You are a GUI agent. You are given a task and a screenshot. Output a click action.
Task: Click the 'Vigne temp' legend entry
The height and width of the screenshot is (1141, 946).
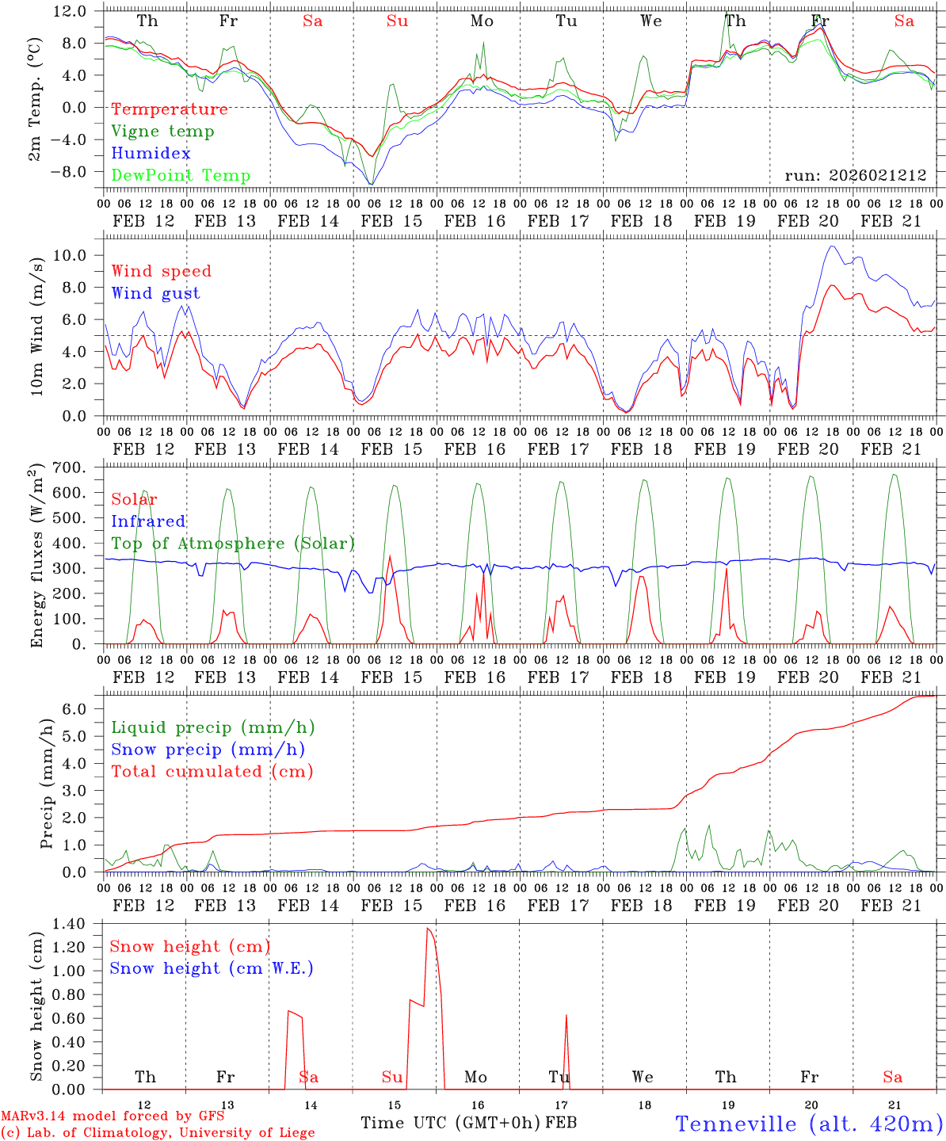(x=162, y=132)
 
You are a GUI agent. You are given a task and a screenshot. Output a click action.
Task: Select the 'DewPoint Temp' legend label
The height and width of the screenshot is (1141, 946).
(x=181, y=176)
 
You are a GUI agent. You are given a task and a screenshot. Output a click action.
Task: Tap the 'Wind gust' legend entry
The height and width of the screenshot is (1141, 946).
(x=155, y=293)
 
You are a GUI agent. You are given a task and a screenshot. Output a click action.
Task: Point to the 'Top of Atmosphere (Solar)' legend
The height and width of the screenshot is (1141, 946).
(x=233, y=544)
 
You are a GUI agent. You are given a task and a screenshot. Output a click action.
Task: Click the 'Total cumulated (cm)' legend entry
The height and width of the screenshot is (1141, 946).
(x=212, y=772)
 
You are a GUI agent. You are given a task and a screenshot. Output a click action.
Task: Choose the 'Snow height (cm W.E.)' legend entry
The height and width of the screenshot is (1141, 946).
(x=212, y=968)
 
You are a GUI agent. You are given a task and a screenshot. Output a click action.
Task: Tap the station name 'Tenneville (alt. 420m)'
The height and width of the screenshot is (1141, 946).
(x=809, y=1124)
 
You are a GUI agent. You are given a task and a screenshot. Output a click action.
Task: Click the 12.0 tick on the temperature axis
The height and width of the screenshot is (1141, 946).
(x=71, y=11)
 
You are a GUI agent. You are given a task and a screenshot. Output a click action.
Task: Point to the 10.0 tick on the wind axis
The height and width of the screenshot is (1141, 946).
(x=75, y=255)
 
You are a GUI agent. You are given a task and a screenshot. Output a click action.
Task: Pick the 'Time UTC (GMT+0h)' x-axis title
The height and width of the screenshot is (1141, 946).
(x=450, y=1123)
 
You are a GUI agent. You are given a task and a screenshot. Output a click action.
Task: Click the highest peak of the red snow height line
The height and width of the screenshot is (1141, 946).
(x=427, y=928)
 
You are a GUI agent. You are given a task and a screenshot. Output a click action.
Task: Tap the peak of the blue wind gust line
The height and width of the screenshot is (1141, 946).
(x=831, y=246)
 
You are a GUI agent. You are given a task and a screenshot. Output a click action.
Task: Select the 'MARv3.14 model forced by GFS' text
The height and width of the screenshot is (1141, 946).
(x=113, y=1116)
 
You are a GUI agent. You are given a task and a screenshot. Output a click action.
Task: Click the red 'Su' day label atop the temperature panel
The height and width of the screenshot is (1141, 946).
(x=397, y=21)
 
